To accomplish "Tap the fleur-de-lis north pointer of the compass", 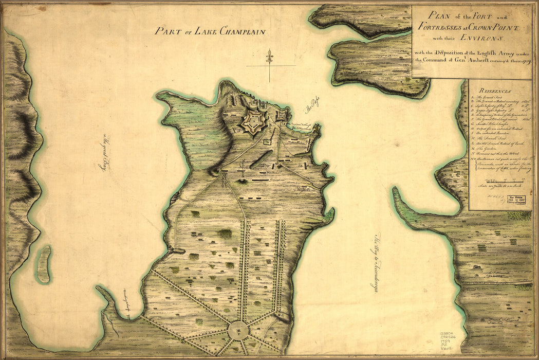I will (269, 56).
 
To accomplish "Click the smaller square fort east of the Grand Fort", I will (282, 116).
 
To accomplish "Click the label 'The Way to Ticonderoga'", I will (376, 262).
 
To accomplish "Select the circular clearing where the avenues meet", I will (239, 329).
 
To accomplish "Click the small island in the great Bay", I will (44, 264).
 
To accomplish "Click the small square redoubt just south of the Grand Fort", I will (267, 141).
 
